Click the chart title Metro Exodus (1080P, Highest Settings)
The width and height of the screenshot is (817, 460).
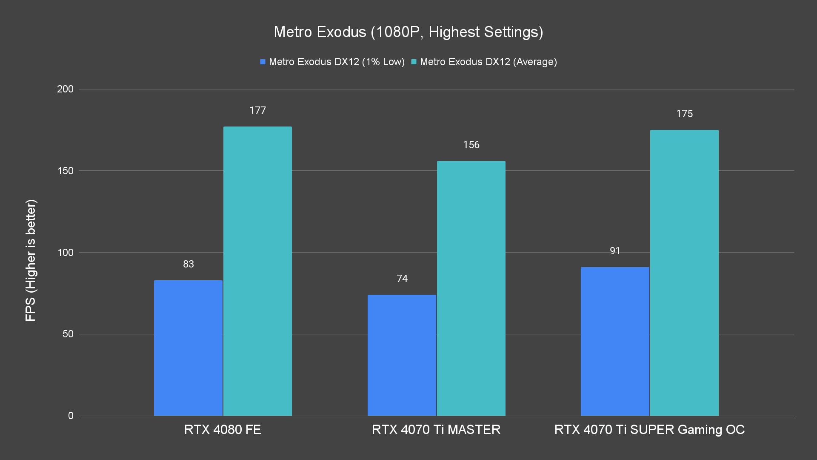(x=408, y=32)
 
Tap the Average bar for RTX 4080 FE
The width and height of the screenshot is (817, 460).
(x=257, y=271)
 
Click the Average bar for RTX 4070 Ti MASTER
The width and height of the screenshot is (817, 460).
(x=471, y=288)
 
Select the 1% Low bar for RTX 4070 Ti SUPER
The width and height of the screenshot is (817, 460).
(x=615, y=341)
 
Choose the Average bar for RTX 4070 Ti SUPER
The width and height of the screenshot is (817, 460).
(x=684, y=273)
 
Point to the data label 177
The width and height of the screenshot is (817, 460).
(x=257, y=111)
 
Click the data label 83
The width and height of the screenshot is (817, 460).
(x=188, y=264)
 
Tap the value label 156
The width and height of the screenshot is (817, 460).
(x=471, y=145)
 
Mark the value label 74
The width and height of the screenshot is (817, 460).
(x=402, y=279)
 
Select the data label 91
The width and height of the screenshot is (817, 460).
(x=615, y=251)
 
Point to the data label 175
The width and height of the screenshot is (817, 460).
(x=684, y=114)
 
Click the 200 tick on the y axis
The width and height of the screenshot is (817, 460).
(x=65, y=89)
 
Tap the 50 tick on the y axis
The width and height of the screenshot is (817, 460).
(x=68, y=334)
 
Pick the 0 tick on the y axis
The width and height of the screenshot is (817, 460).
(x=71, y=416)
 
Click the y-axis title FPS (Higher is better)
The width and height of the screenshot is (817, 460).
(x=31, y=260)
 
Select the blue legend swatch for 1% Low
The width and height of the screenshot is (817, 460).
(x=263, y=62)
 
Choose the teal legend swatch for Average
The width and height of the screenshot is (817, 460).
(x=414, y=62)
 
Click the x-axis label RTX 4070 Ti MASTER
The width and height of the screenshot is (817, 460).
(x=436, y=430)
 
